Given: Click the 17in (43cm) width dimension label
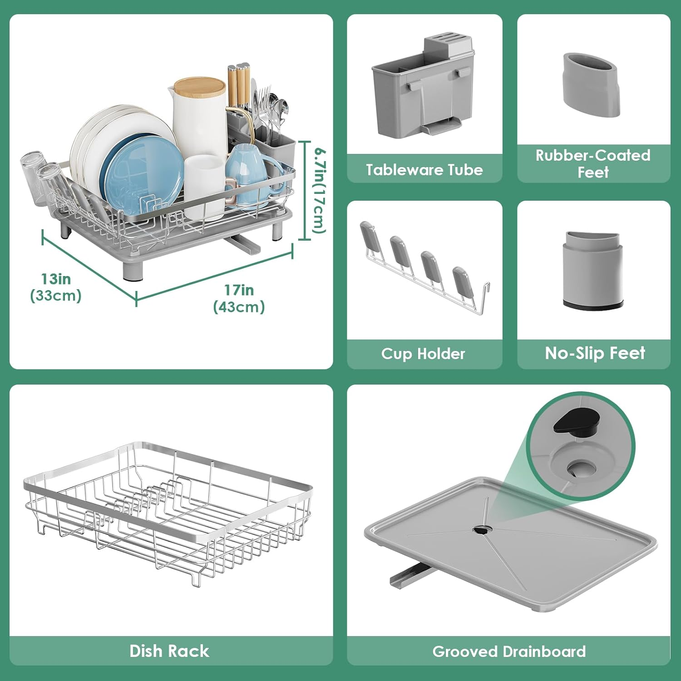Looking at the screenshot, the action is click(x=239, y=298).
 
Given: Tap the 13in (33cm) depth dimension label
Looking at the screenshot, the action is click(x=56, y=287).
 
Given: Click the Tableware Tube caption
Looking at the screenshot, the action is click(x=424, y=170).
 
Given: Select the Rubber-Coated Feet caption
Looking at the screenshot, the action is click(x=593, y=163).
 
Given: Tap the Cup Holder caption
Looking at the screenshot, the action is click(x=423, y=354).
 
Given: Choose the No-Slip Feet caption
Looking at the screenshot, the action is click(x=595, y=353).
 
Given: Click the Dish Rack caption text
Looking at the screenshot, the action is click(x=169, y=651).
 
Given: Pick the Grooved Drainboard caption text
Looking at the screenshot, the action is click(x=509, y=651).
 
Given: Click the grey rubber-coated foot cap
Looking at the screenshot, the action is click(x=592, y=84).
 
